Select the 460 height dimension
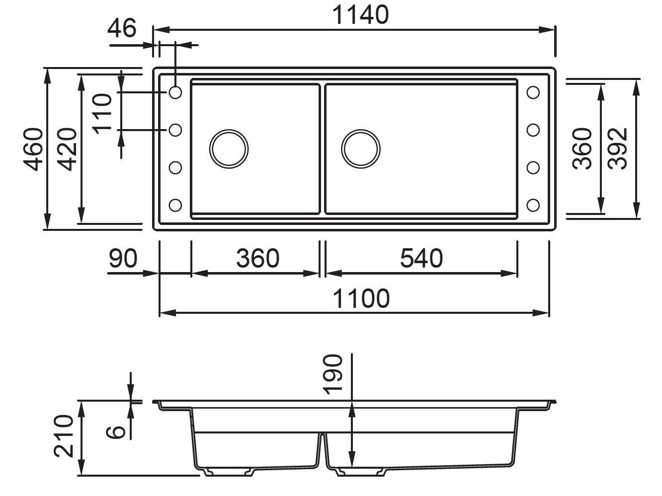pos(34,148)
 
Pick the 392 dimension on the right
pos(618,148)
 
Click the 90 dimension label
pos(123,259)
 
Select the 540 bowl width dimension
pos(421,259)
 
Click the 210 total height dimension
pos(65,436)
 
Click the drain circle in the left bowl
pos(229,148)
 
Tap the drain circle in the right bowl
pos(361,148)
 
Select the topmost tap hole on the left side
pos(175,92)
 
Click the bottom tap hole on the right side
pos(533,205)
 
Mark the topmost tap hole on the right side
pos(533,92)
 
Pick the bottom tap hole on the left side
pos(175,205)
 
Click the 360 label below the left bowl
pos(257,259)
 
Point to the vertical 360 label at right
pos(583,148)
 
